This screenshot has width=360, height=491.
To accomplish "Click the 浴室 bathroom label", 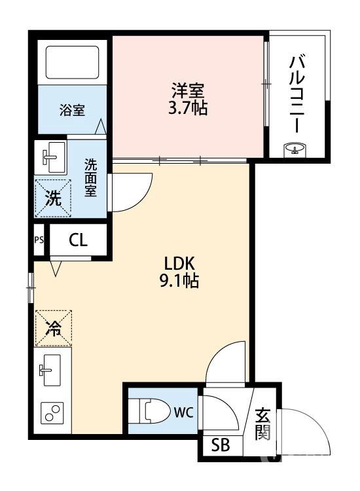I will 72,110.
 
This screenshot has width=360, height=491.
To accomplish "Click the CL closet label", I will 77,240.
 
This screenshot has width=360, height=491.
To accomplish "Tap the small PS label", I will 39,240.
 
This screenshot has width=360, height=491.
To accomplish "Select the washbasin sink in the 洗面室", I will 51,157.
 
